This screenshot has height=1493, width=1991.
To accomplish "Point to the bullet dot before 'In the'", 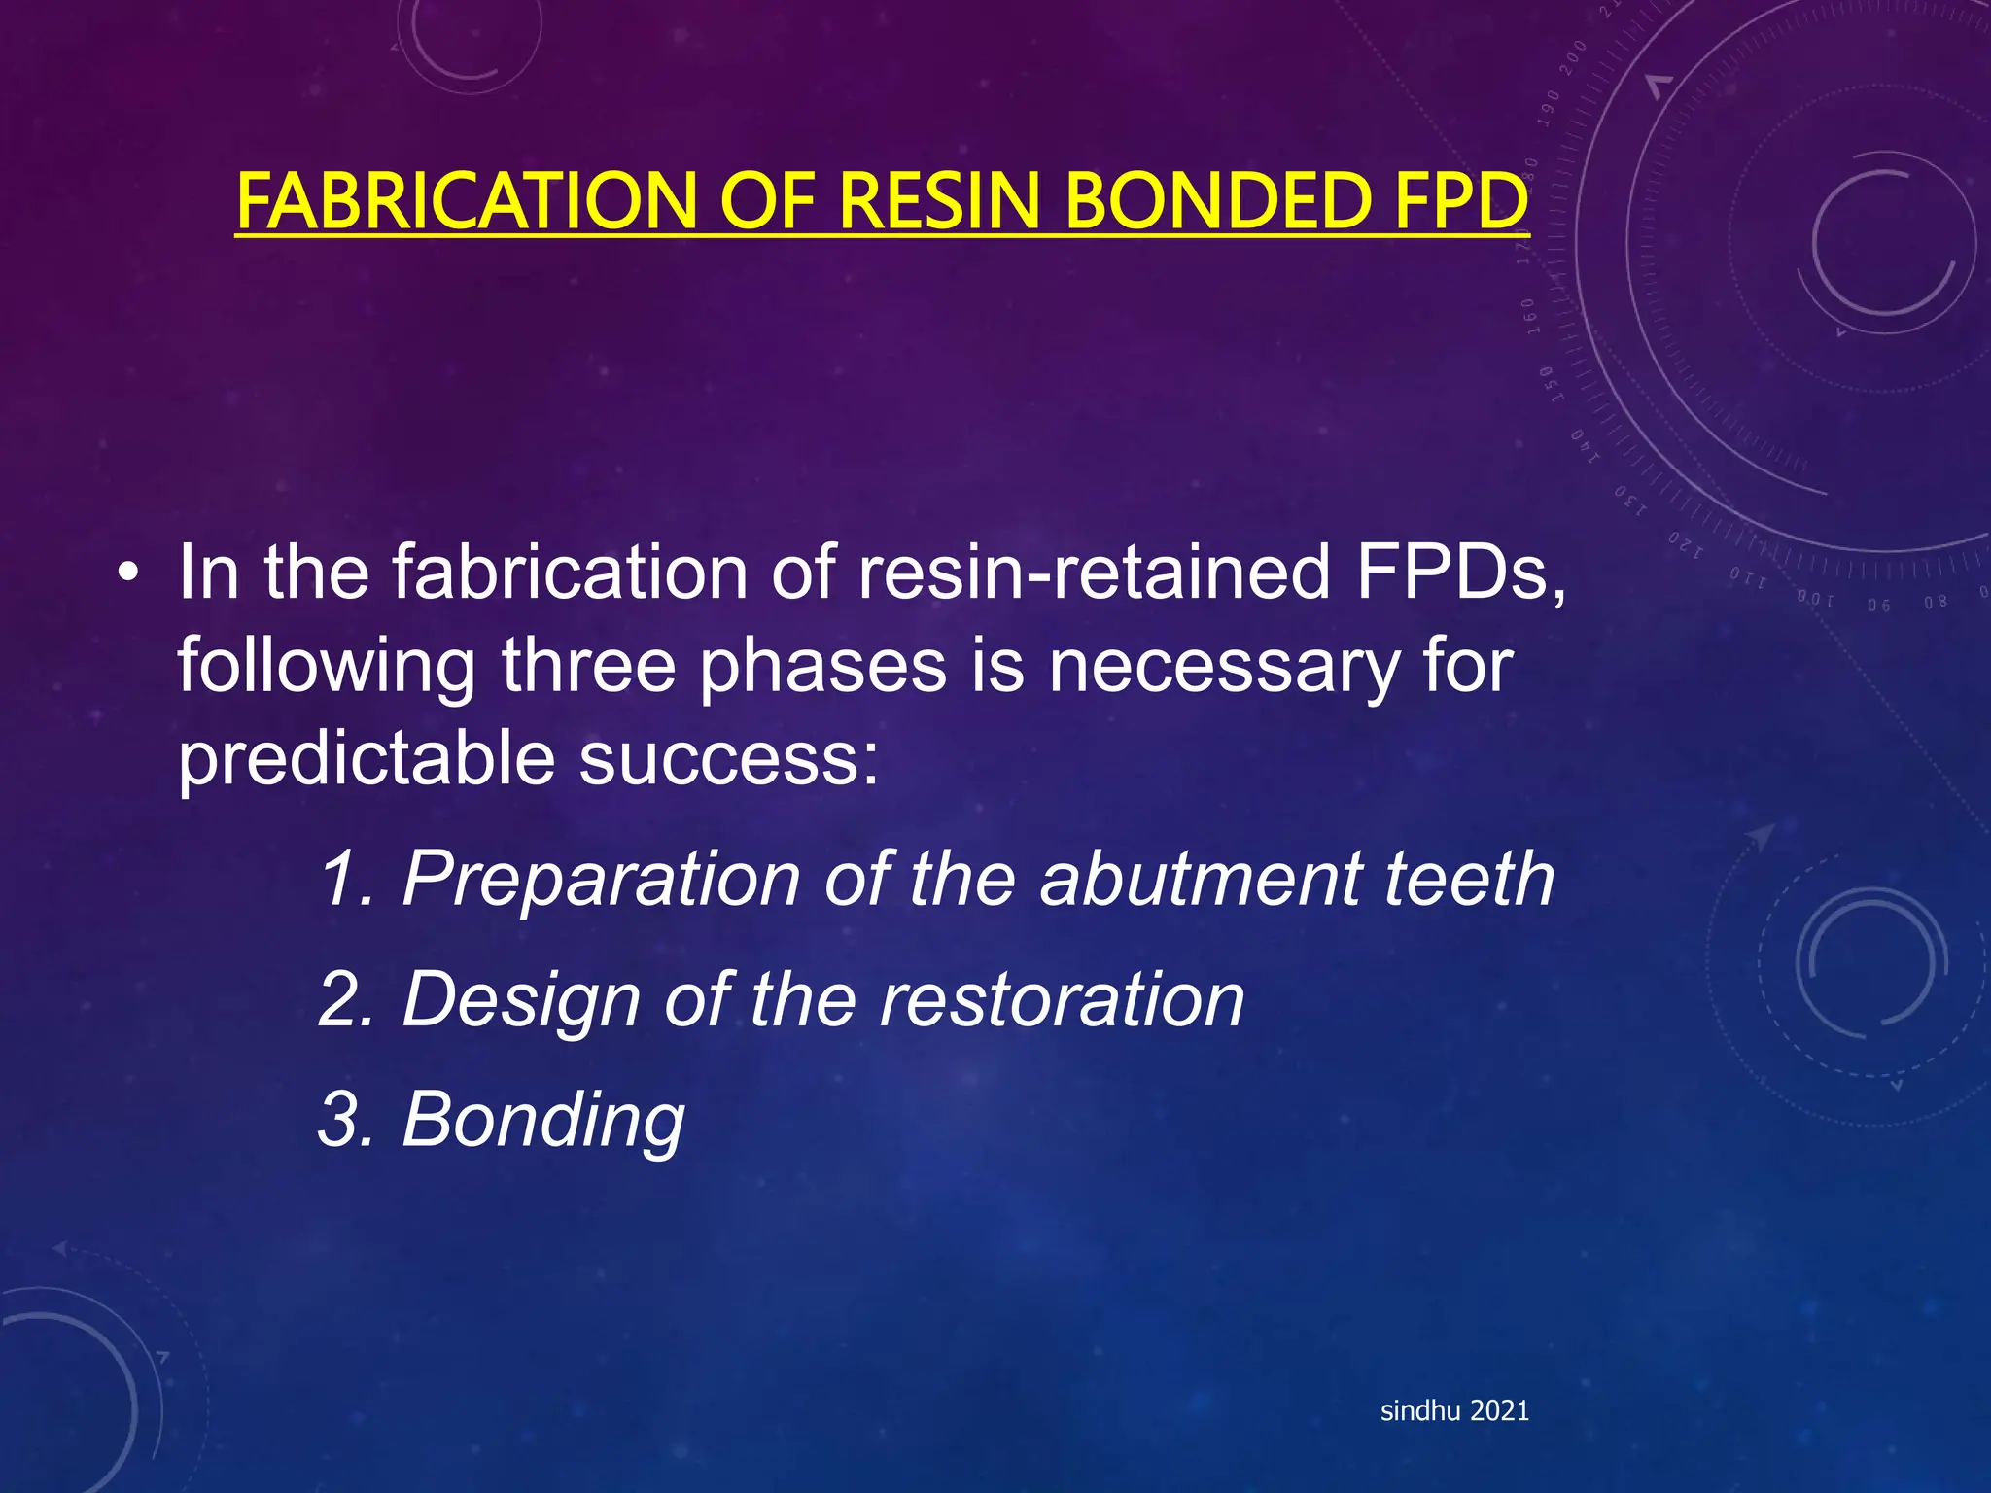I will click(125, 575).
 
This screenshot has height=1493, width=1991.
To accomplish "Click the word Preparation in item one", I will click(600, 879).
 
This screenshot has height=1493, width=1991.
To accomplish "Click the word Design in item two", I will click(521, 1000).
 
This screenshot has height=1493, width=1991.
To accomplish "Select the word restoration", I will click(1062, 1000).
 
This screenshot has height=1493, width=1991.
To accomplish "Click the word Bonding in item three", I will click(543, 1121).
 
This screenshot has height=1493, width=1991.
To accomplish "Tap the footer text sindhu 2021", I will click(1454, 1410).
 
